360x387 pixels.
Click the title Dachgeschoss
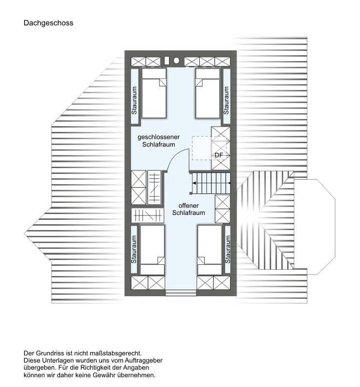48,23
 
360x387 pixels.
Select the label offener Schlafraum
188,210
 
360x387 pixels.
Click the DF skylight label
218,155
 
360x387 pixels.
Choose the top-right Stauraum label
226,100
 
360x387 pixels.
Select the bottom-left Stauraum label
134,249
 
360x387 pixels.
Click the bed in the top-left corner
154,93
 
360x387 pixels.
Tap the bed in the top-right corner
207,93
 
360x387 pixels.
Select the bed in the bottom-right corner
210,249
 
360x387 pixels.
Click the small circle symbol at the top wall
176,61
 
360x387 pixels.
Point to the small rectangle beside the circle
167,61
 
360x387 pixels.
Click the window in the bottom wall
180,293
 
